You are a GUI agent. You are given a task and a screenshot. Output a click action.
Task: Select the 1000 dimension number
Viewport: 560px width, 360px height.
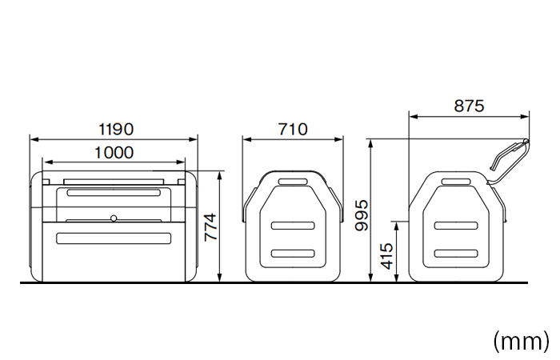(114, 152)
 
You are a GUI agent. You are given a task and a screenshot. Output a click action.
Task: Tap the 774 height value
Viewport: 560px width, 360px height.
(209, 227)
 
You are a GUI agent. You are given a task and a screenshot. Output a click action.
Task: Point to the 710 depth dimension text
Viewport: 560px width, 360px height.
(293, 129)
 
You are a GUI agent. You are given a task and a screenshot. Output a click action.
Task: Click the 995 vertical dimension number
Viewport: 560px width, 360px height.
(361, 214)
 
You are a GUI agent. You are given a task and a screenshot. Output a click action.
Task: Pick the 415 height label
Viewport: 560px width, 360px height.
(386, 256)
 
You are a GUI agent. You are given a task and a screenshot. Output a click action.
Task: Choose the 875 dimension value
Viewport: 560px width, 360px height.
(469, 106)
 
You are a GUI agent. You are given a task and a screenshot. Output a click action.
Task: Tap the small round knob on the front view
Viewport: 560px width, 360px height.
(114, 218)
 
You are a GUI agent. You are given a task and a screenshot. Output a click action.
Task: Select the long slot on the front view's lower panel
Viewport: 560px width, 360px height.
(114, 238)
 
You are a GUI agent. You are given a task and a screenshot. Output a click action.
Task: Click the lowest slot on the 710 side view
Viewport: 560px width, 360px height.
(293, 254)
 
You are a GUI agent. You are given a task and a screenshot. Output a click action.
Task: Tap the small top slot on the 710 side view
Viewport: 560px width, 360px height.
(293, 182)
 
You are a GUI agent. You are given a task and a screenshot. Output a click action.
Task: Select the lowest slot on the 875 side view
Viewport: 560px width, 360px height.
(456, 254)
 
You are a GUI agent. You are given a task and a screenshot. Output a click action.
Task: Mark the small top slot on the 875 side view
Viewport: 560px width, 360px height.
(456, 182)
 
